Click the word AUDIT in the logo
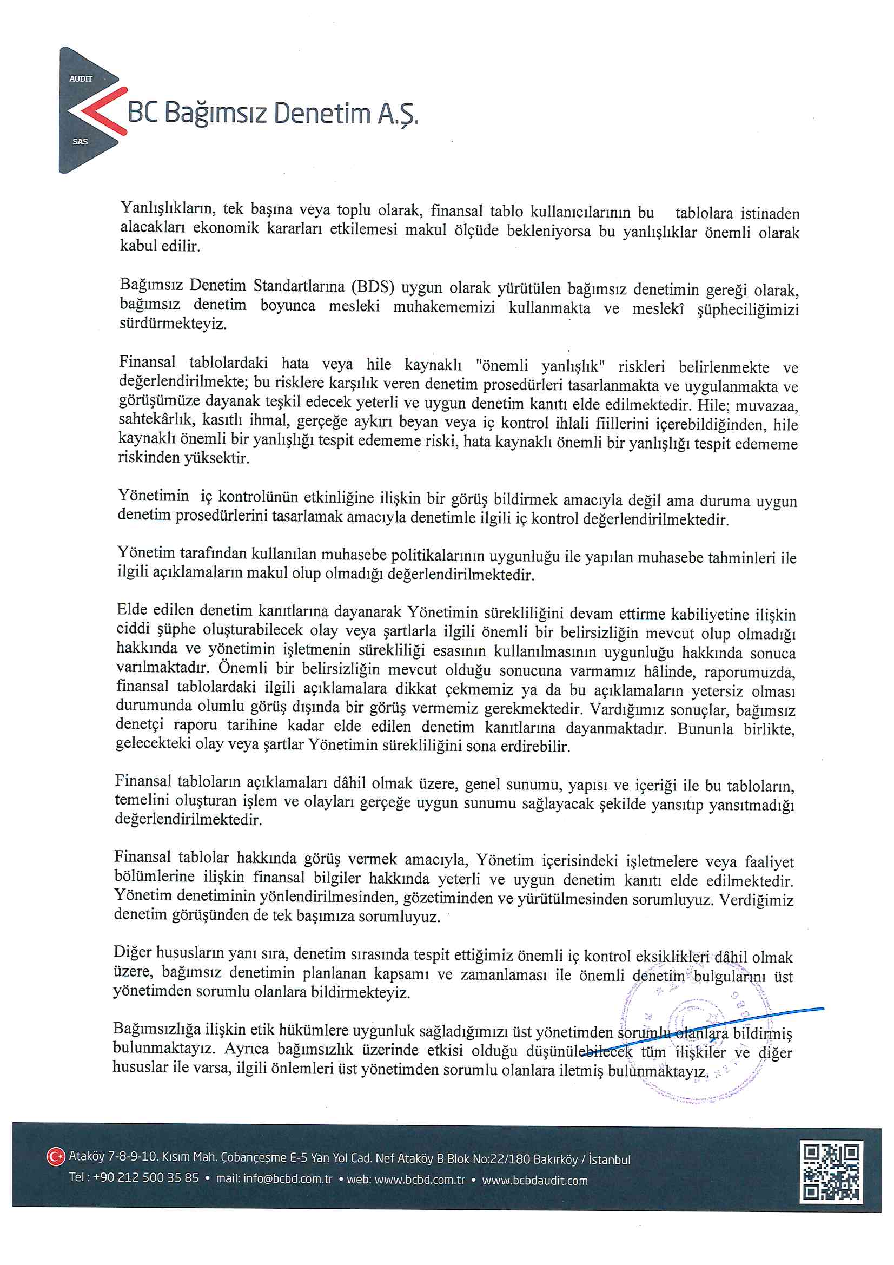tap(81, 79)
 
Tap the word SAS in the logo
tap(80, 142)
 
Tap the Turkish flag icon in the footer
tap(55, 1156)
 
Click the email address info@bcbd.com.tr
tap(288, 1178)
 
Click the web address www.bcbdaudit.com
tap(534, 1181)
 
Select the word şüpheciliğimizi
tap(747, 309)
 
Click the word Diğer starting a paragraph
tap(133, 953)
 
